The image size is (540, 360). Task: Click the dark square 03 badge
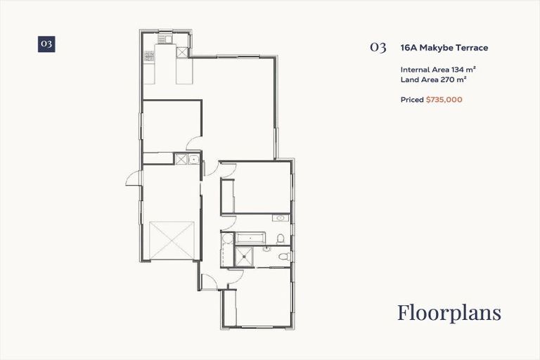point(46,44)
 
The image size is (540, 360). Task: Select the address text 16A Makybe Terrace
point(444,48)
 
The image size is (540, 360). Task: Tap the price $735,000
point(444,100)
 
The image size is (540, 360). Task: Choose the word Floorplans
point(449,312)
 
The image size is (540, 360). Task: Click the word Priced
point(412,100)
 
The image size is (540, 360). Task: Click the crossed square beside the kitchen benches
point(182,53)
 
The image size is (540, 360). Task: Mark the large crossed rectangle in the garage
point(172,240)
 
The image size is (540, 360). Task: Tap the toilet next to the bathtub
point(281,239)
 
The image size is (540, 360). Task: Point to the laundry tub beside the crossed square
point(193,160)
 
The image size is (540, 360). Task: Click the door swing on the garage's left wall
point(133,179)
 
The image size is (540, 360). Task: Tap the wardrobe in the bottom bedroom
point(229,309)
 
